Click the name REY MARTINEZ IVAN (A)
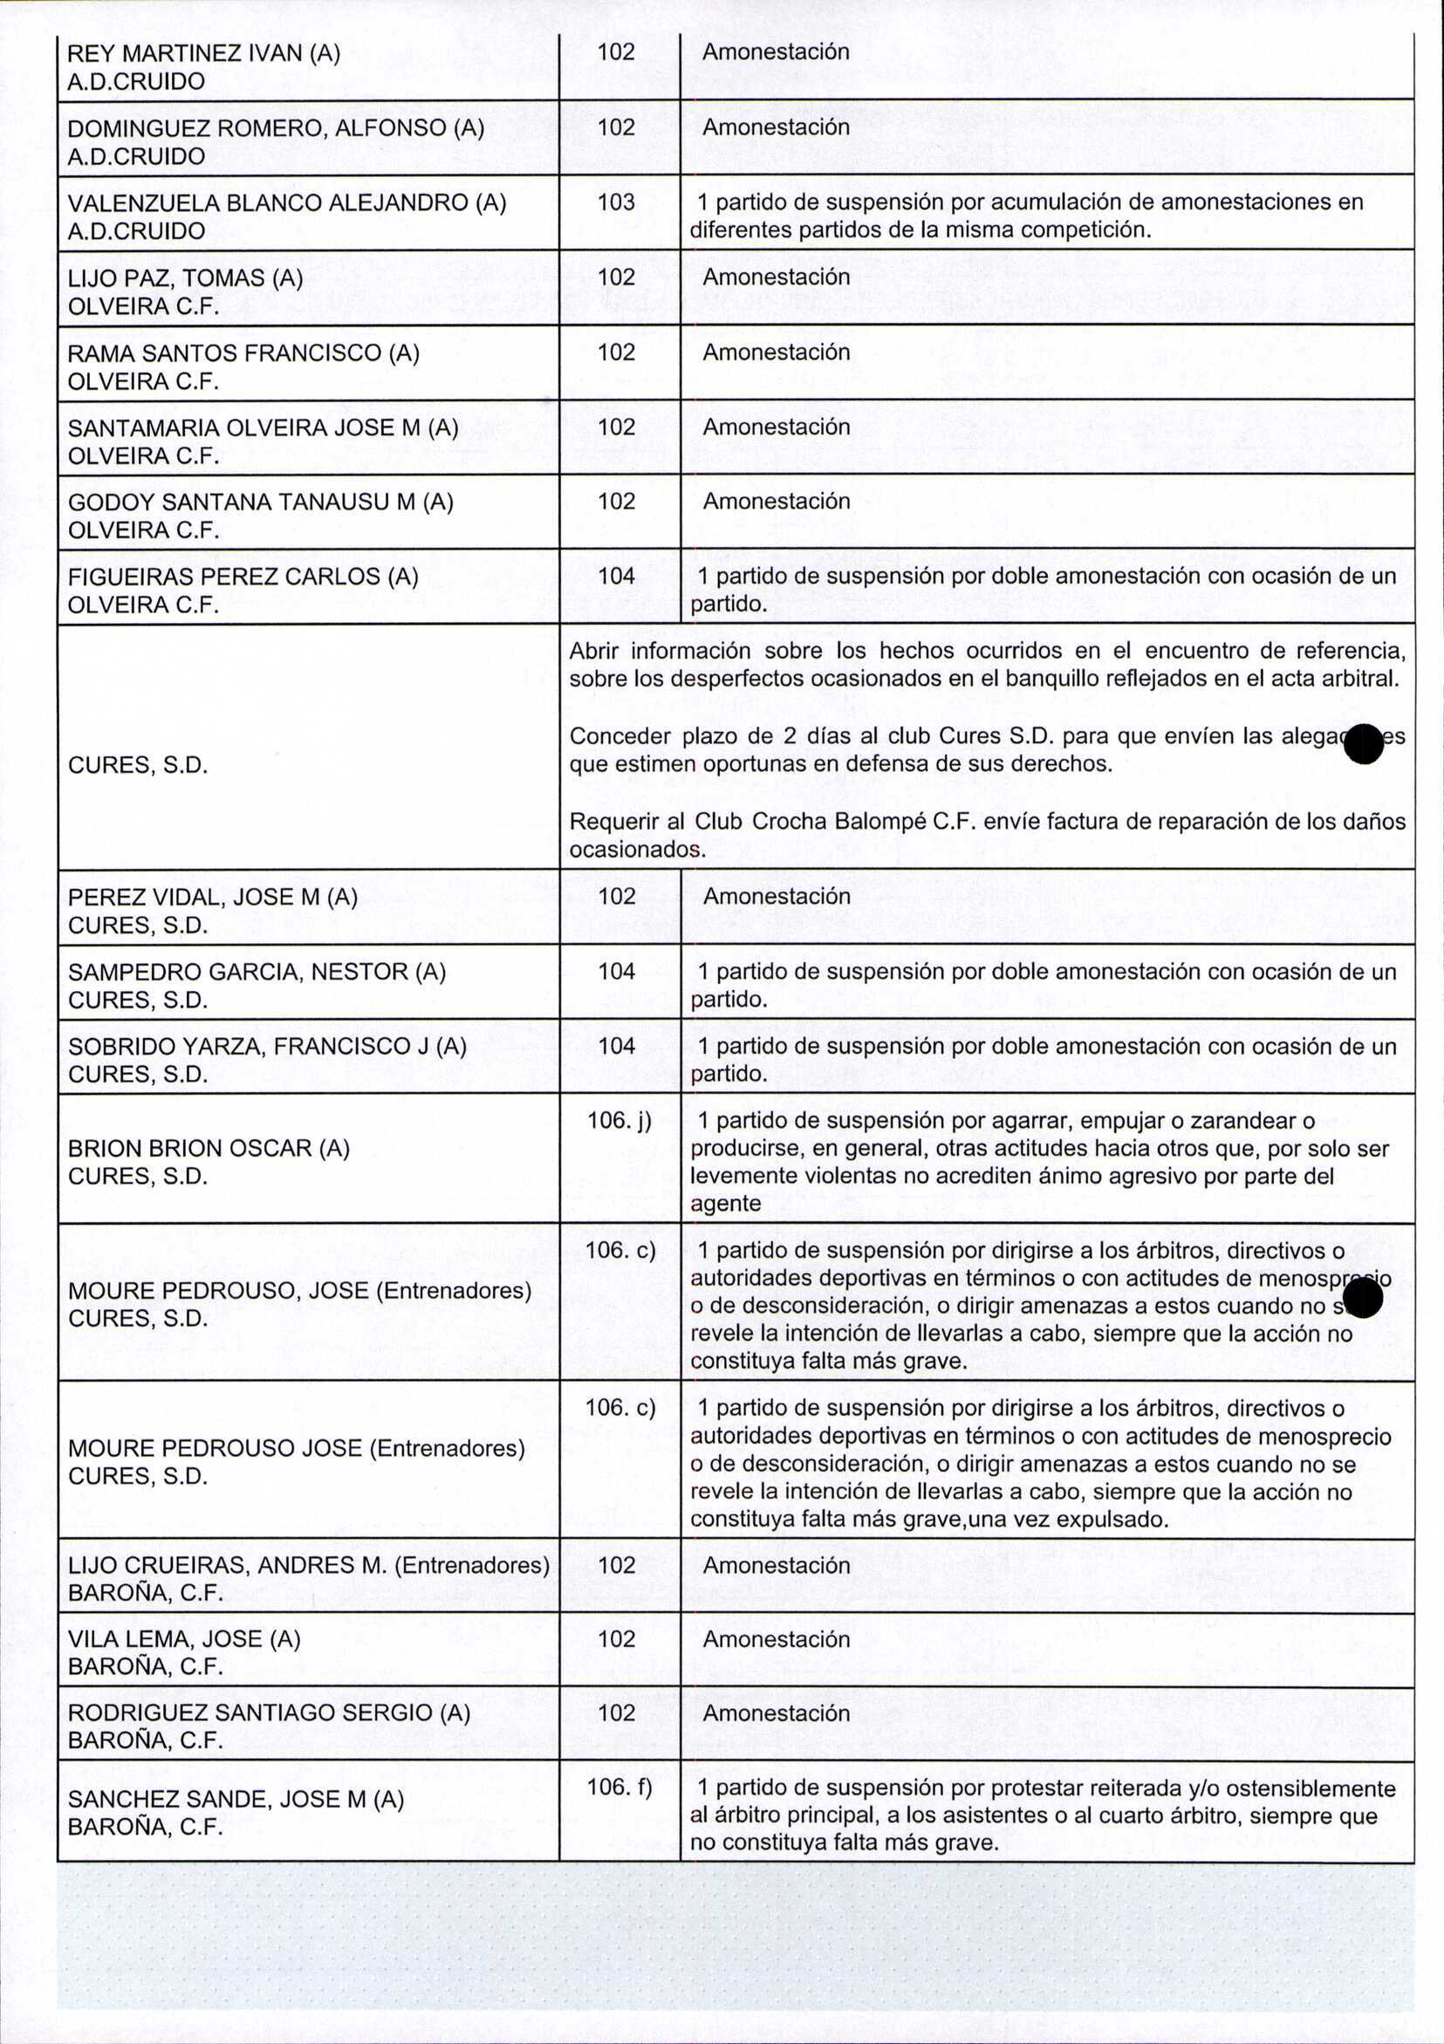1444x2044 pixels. coord(204,52)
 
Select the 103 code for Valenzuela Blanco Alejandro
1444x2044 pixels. coord(616,202)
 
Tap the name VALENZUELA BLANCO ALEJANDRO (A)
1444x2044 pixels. coord(287,203)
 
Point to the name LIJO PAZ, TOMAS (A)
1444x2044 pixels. coord(185,278)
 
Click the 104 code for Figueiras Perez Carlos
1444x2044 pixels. coord(616,576)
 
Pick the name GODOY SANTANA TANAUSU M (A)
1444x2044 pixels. coord(261,503)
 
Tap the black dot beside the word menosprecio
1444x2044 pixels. coord(1364,1302)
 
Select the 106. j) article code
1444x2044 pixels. coord(619,1120)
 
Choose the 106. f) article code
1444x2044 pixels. coord(619,1787)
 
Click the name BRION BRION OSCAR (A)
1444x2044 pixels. coord(209,1148)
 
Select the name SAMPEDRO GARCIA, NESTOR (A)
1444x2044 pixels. coord(257,971)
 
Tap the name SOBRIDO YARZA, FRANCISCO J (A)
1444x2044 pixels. coord(267,1046)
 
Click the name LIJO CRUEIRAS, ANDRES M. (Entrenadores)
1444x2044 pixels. coord(309,1565)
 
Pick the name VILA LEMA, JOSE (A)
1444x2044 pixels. coord(184,1639)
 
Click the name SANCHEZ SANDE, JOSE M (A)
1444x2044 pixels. coord(236,1799)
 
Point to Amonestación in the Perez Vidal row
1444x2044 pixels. coord(777,897)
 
